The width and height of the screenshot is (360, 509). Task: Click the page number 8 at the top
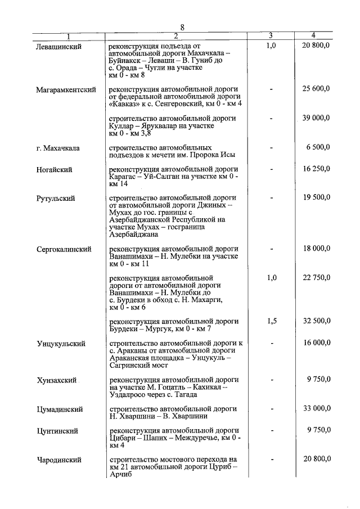point(183,26)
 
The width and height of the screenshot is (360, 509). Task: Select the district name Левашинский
point(59,47)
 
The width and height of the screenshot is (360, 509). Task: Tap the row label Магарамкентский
point(66,90)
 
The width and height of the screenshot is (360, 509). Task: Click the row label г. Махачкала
point(58,148)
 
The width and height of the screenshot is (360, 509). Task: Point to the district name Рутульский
point(56,199)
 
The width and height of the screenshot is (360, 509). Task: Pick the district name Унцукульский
point(61,343)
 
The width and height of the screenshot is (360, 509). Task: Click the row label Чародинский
point(59,460)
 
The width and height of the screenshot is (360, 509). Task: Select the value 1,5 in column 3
point(271,321)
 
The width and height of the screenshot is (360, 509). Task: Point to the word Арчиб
point(120,475)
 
